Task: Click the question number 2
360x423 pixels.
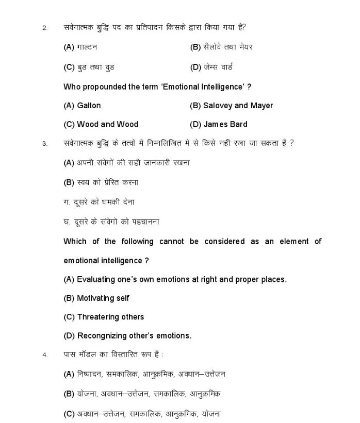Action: pos(44,28)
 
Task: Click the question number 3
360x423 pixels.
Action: pos(45,143)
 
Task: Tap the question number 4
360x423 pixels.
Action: pos(45,355)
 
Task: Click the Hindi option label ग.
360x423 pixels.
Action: pos(67,202)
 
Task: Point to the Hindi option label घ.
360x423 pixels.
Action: pos(67,222)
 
